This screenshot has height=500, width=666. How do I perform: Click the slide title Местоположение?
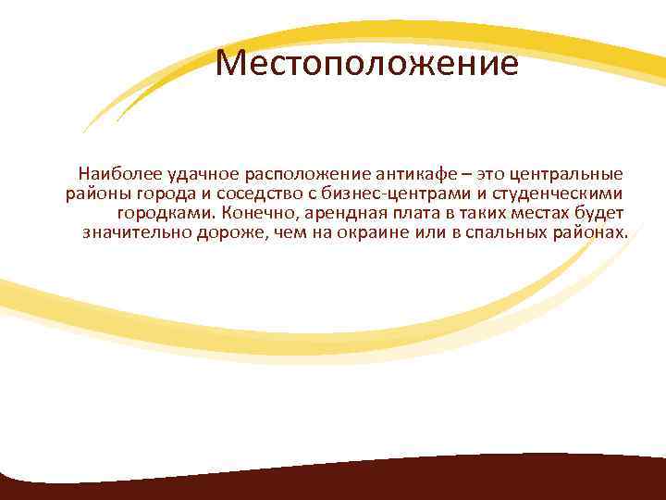[365, 66]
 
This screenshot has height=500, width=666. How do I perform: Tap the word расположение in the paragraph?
[302, 173]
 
